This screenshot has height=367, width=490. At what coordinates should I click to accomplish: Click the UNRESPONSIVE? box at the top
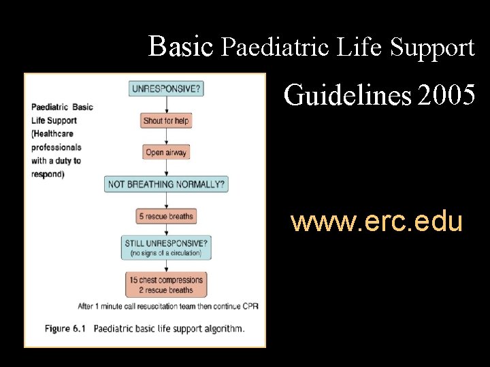click(166, 89)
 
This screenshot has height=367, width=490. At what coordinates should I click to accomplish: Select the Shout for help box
click(166, 121)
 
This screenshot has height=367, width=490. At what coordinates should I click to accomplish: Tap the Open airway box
click(166, 152)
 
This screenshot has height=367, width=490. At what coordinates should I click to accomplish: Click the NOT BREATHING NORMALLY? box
click(166, 184)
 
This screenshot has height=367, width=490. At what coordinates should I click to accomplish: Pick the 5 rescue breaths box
click(166, 216)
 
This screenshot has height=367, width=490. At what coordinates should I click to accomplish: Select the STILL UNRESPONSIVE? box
click(166, 247)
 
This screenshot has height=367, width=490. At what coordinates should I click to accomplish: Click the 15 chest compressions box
click(166, 285)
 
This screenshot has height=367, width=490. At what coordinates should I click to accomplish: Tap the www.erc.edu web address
click(376, 222)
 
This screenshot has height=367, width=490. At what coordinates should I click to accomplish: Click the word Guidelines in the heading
click(347, 96)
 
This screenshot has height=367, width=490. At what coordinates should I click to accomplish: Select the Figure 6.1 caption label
click(66, 329)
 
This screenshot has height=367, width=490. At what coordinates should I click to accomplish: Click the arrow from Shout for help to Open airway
click(166, 137)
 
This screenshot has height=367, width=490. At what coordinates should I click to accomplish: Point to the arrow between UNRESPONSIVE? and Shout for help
click(166, 105)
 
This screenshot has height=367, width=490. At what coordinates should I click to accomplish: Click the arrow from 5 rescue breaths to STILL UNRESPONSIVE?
click(166, 230)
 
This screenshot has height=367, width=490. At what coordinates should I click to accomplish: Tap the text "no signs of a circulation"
click(166, 254)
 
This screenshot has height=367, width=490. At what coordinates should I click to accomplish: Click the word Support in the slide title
click(433, 47)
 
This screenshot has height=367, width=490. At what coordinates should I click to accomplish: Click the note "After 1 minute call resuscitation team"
click(136, 306)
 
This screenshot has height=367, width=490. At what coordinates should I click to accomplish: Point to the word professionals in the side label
click(56, 147)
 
